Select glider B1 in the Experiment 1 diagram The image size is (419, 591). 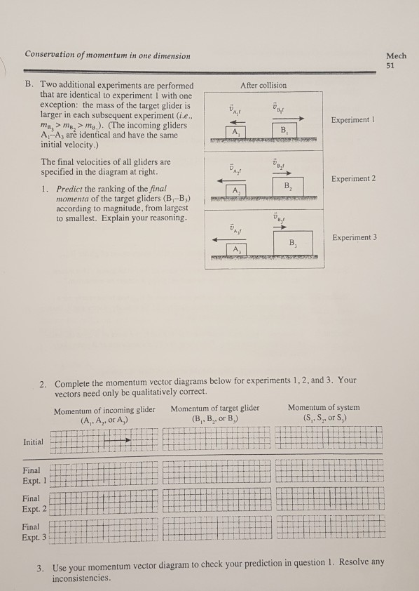[x=282, y=130]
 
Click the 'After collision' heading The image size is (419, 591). [x=264, y=86]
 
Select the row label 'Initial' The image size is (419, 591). [x=32, y=442]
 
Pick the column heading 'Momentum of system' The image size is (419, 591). [x=323, y=407]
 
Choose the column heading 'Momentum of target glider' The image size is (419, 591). [x=214, y=407]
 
